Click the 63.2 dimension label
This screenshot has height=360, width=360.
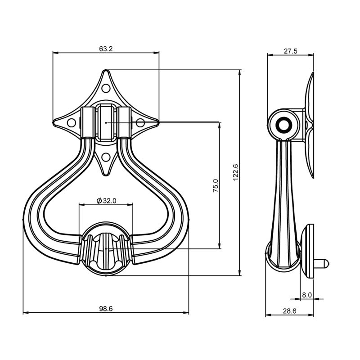[x=106, y=49]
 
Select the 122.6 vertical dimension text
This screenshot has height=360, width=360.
[x=236, y=172]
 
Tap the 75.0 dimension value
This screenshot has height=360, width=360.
[x=216, y=185]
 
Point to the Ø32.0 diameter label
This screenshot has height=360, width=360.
[x=107, y=201]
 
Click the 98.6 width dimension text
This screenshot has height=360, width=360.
[x=106, y=309]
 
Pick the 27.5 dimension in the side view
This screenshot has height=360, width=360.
[x=290, y=51]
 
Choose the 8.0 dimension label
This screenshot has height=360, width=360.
[x=307, y=295]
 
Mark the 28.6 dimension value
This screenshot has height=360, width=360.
[x=289, y=311]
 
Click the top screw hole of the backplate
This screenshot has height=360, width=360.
[x=106, y=88]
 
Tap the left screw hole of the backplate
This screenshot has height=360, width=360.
[x=72, y=123]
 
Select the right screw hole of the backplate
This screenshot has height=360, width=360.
[x=140, y=123]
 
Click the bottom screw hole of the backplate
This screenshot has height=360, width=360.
[x=106, y=157]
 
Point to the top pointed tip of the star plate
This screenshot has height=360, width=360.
[x=106, y=70]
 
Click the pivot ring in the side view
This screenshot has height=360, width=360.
[x=284, y=125]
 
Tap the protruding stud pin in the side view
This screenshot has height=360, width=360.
[x=321, y=264]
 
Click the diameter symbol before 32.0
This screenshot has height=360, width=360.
[x=99, y=201]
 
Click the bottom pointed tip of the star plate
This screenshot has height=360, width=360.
[x=106, y=175]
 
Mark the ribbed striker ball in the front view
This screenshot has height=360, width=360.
[x=106, y=248]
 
